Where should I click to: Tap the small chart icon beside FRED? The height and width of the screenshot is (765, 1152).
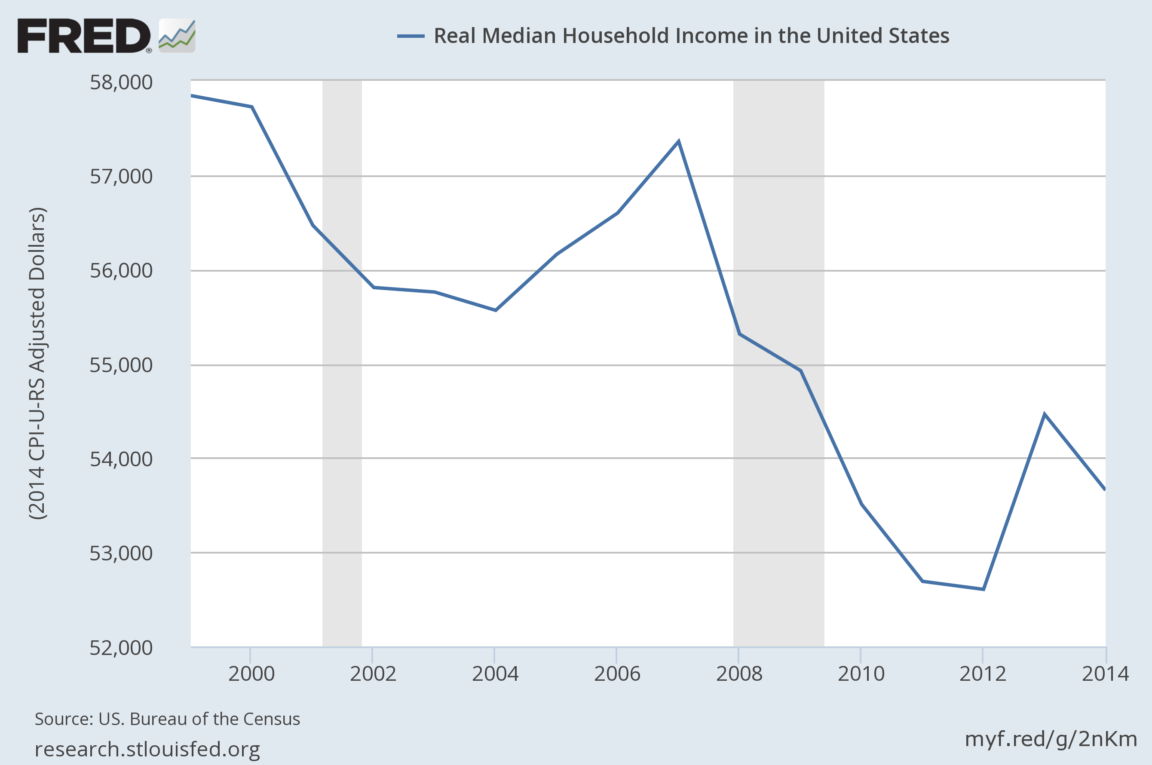click(177, 36)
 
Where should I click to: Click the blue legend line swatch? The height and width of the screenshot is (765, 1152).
click(411, 36)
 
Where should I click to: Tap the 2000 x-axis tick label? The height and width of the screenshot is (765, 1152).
click(251, 674)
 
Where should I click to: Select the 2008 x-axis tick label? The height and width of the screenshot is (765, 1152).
click(739, 674)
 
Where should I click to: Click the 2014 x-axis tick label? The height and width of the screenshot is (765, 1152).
click(1105, 674)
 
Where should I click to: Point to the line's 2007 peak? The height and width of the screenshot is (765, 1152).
click(678, 142)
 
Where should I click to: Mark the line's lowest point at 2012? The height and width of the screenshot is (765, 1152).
click(983, 589)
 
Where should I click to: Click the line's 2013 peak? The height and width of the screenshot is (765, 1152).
click(1044, 414)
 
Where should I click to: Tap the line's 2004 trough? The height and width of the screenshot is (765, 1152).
click(495, 310)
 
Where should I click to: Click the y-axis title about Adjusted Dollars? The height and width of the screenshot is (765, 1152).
click(37, 364)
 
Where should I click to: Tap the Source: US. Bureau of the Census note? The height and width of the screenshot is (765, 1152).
click(167, 719)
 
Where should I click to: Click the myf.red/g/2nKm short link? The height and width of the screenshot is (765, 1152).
click(1051, 739)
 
